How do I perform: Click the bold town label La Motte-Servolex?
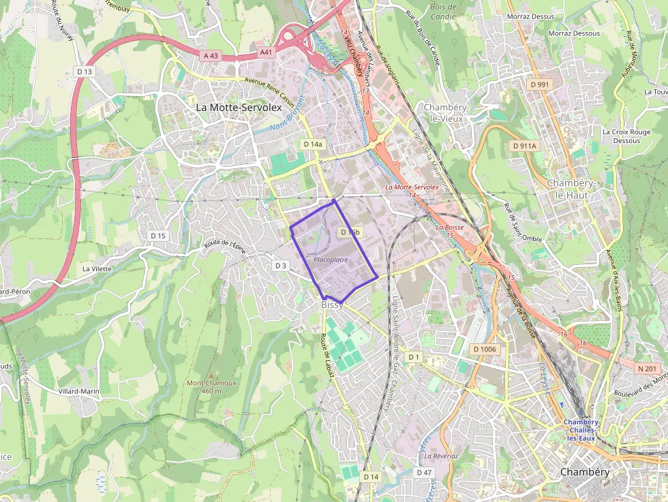point(234,108)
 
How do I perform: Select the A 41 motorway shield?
point(266,52)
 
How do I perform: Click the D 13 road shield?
point(85,71)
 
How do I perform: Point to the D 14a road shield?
point(313,144)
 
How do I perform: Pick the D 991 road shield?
point(538,84)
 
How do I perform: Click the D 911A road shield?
point(524,146)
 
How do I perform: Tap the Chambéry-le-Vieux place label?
point(444,112)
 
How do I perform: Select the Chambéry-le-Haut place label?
point(567,189)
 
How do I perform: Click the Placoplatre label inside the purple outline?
point(331,260)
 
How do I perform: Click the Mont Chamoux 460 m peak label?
point(211,386)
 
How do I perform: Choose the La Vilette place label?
point(97,268)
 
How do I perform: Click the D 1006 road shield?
point(485,349)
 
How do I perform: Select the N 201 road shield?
point(647,368)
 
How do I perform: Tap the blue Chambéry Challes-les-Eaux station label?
point(581,430)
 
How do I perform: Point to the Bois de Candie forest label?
point(444,11)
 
